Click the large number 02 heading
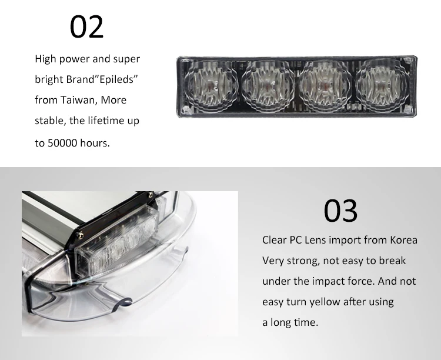pyautogui.click(x=87, y=26)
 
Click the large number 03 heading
pyautogui.click(x=340, y=211)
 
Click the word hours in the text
pyautogui.click(x=96, y=143)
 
